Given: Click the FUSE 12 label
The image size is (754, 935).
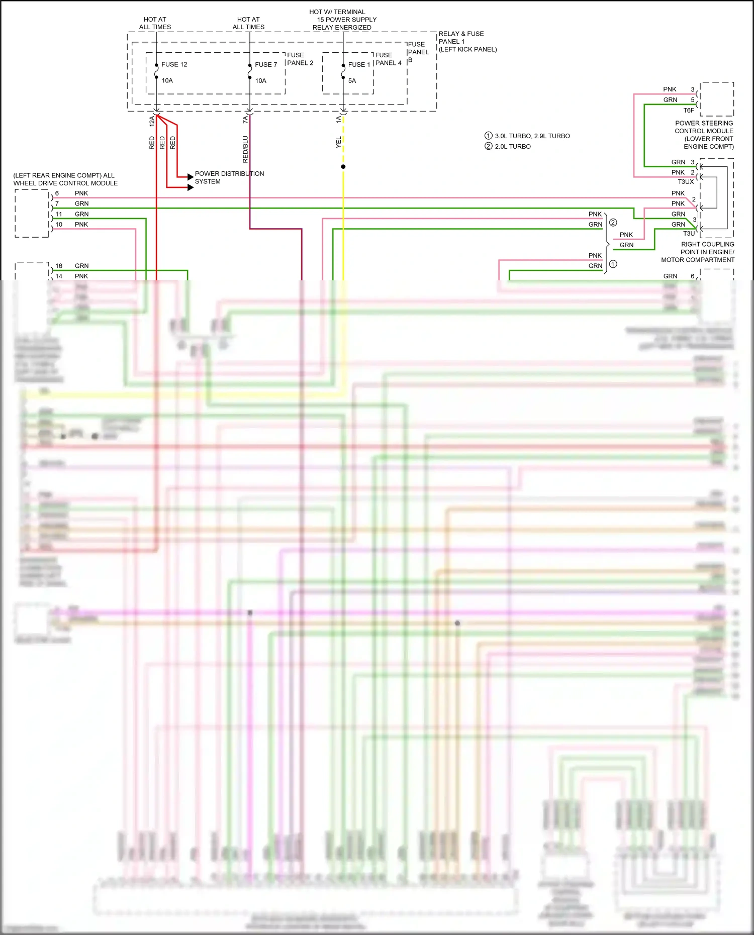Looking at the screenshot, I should pos(174,64).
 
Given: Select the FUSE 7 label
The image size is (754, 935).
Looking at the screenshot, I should pos(266,64).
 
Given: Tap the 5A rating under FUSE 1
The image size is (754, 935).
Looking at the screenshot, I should pos(352,80).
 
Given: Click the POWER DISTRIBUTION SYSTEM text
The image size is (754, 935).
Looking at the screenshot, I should pos(229,177).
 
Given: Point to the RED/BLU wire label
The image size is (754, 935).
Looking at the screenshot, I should pos(245,149).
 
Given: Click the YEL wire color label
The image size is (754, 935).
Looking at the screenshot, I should pos(339,142).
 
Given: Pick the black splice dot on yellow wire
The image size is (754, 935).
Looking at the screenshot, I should pos(343,166).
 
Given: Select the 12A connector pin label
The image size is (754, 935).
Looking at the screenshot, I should pos(152,121).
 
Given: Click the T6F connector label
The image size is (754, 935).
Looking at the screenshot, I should pos(689,110).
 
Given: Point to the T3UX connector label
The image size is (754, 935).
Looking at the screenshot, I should pos(686,181).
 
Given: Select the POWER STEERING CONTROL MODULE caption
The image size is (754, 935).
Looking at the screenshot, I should pos(704,135).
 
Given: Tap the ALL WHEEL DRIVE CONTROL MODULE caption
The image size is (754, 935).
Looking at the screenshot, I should pos(65,179).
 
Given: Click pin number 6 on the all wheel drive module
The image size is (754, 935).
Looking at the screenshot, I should pos(57,193).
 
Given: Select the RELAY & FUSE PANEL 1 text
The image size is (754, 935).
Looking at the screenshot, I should pos(461,38).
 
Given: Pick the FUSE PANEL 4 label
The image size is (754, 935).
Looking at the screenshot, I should pos(388,59).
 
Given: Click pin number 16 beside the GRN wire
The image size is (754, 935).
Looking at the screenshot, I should pos(59,266).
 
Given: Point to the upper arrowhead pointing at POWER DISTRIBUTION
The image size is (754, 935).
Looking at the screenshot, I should pos(190,177).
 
